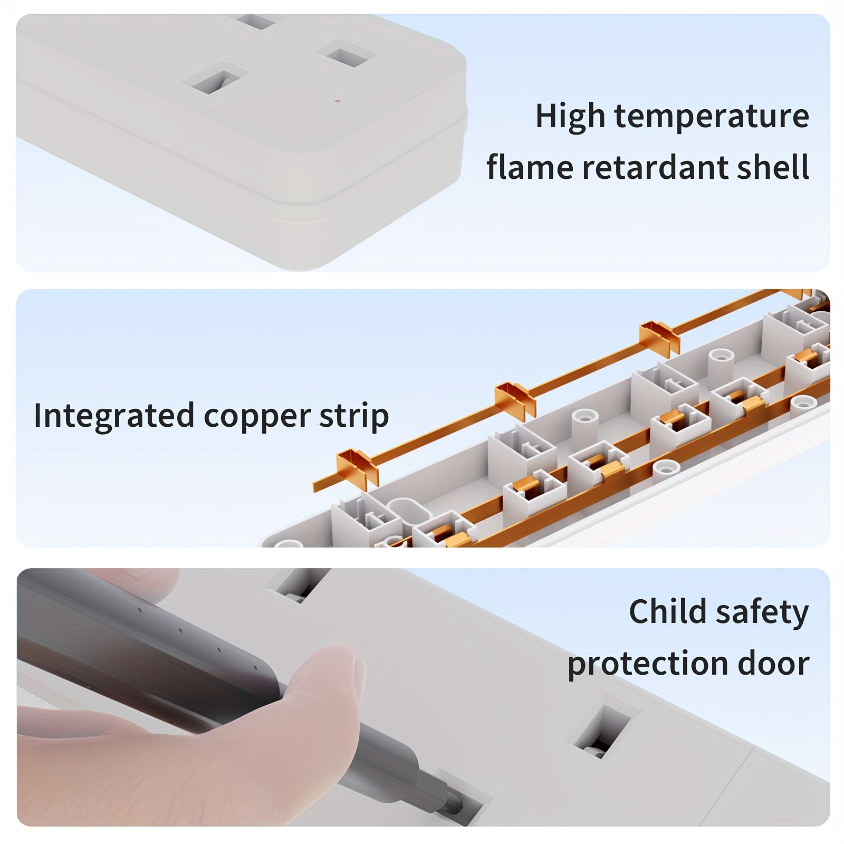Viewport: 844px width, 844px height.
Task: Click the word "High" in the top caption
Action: click(570, 116)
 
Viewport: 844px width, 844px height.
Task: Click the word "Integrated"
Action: click(114, 416)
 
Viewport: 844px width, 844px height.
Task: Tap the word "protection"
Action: click(648, 664)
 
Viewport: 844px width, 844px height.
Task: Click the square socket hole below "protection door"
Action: click(601, 731)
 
